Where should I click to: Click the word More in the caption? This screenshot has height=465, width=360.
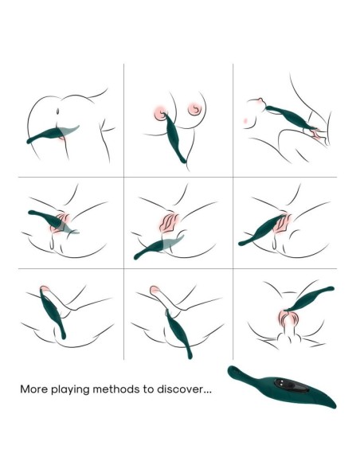coord(33,389)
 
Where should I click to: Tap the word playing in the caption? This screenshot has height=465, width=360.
coord(70,389)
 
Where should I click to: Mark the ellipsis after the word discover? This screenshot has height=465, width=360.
coord(207,392)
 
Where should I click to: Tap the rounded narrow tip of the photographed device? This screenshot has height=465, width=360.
coord(233,369)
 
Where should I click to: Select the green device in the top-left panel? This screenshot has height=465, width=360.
coord(53,134)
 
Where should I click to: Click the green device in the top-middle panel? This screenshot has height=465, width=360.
coord(174,137)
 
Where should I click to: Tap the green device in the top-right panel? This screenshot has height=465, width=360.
coord(292,118)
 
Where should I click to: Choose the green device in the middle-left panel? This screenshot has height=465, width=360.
coord(53,221)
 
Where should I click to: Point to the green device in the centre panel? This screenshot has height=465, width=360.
coord(158,247)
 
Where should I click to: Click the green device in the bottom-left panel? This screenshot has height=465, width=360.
coord(53,313)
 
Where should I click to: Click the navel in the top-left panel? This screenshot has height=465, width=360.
coord(58,111)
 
